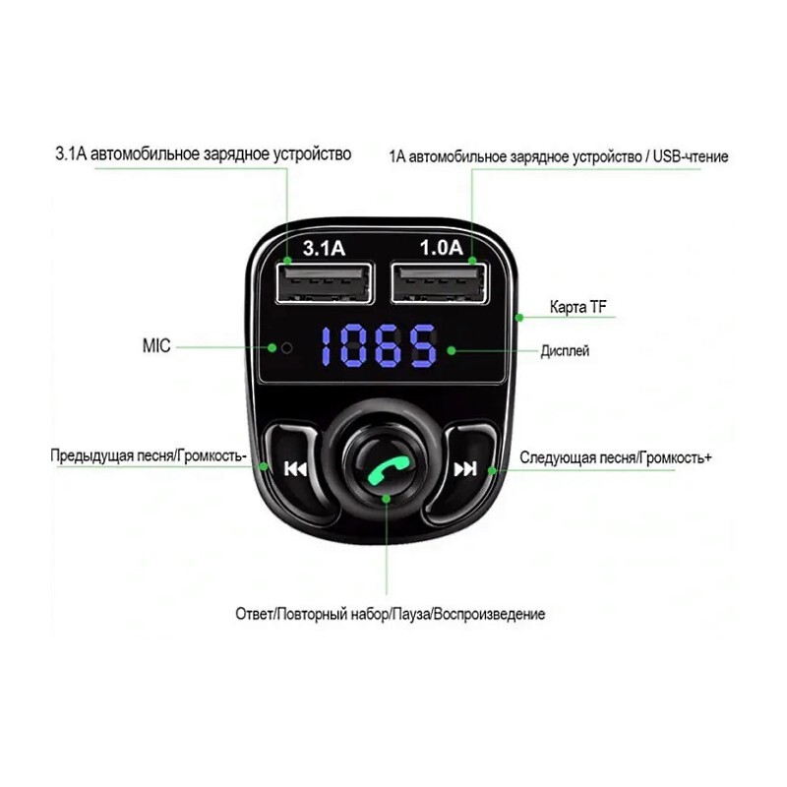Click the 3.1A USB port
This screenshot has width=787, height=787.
pyautogui.click(x=325, y=282)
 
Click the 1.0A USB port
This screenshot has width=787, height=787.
pyautogui.click(x=439, y=282)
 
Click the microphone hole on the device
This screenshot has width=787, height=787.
pyautogui.click(x=286, y=348)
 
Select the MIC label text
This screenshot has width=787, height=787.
pyautogui.click(x=156, y=346)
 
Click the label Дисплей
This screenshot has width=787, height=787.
pyautogui.click(x=565, y=351)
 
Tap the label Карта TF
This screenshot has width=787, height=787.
pyautogui.click(x=578, y=307)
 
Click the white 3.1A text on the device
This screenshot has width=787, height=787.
pyautogui.click(x=324, y=248)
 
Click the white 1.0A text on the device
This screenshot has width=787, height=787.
pyautogui.click(x=441, y=248)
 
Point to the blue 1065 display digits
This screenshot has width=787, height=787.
pyautogui.click(x=379, y=346)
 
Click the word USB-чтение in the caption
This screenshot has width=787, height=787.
pyautogui.click(x=691, y=156)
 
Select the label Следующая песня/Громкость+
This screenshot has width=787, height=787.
pyautogui.click(x=616, y=457)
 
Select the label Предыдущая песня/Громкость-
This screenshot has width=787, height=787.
pyautogui.click(x=149, y=455)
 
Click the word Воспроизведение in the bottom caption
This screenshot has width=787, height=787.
pyautogui.click(x=489, y=614)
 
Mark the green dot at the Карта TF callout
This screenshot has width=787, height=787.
pyautogui.click(x=520, y=317)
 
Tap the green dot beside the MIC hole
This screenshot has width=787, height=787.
pyautogui.click(x=272, y=347)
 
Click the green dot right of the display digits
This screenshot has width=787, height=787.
pyautogui.click(x=452, y=350)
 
